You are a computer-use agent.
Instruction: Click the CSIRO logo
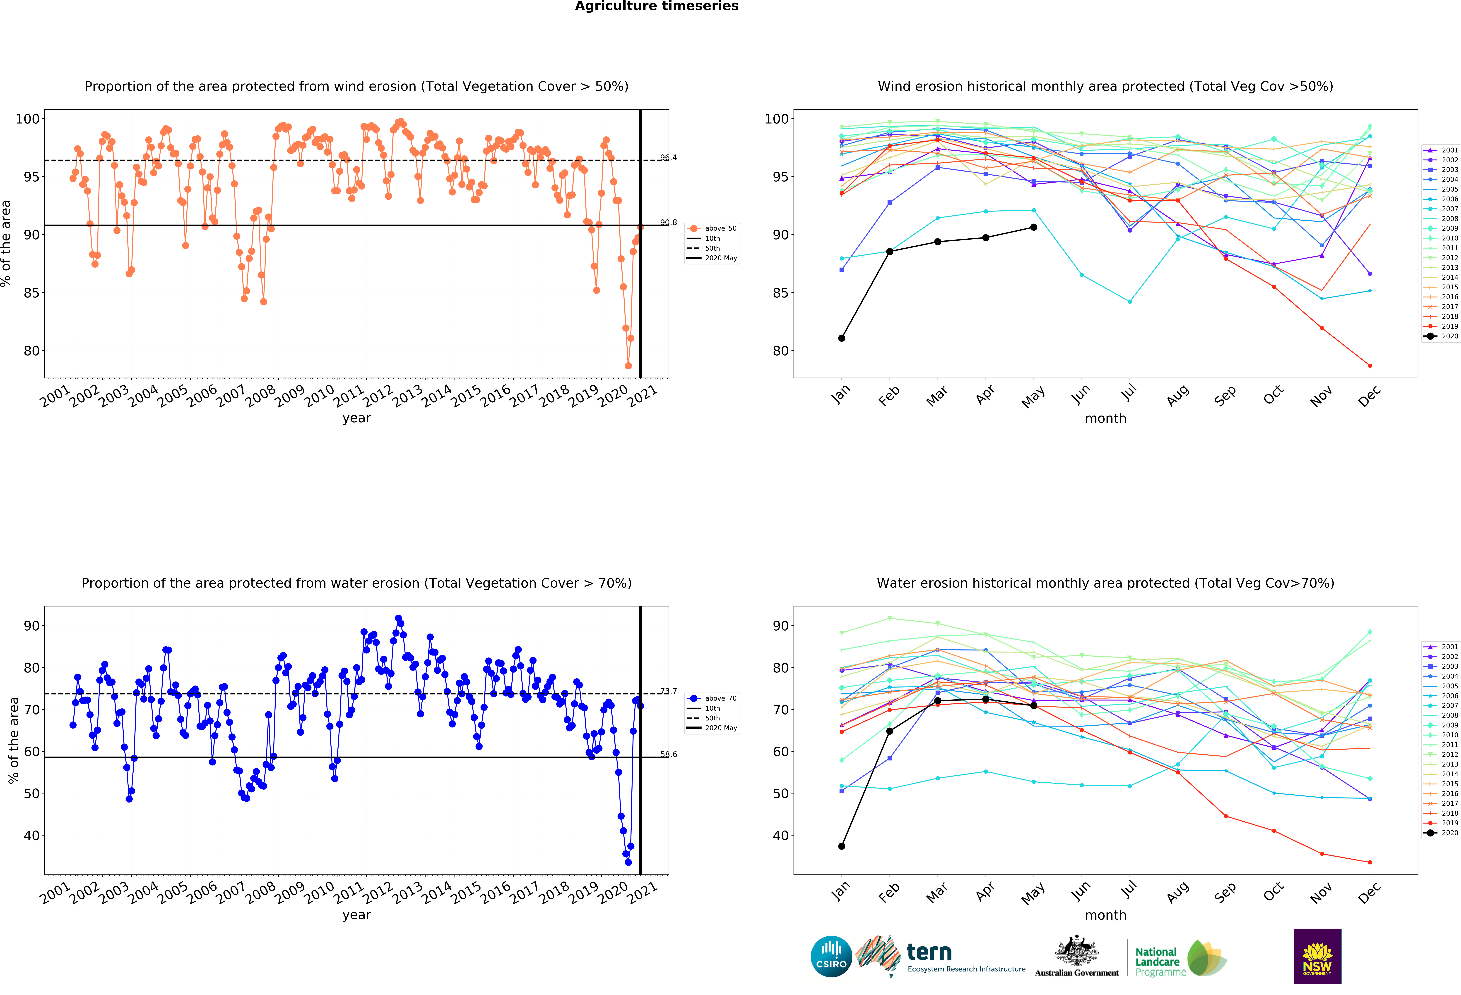831,956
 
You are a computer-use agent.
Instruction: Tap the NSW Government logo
1317,956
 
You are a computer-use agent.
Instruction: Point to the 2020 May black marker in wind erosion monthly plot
1033,227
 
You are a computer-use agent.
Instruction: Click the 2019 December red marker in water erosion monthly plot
1370,862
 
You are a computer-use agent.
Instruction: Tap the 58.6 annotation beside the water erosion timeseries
668,754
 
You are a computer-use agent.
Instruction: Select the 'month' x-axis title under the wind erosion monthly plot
1105,418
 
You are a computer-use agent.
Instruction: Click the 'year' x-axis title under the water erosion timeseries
356,915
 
